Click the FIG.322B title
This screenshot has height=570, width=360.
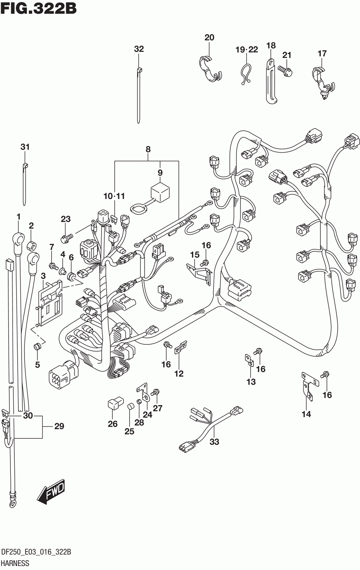tap(39, 8)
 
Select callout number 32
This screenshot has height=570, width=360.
tap(139, 49)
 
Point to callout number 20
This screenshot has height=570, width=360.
tap(209, 38)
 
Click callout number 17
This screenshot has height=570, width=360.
tap(322, 53)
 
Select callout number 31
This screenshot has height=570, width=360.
tap(25, 147)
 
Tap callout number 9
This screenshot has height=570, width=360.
tap(160, 173)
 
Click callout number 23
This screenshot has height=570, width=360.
tap(66, 219)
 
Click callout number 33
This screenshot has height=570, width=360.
tap(214, 442)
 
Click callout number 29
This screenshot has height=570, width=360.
tap(59, 426)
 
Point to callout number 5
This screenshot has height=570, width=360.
tap(37, 365)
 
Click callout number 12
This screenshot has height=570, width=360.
tap(179, 374)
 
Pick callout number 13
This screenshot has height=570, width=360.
tap(251, 382)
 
